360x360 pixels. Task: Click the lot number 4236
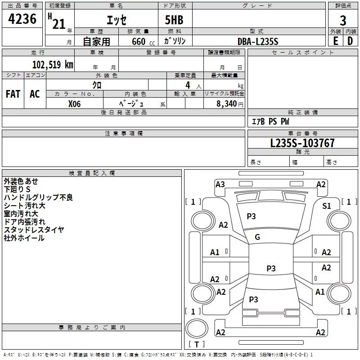pos(22,19)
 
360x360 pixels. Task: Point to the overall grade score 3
pos(343,21)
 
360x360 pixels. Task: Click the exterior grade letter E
pos(335,41)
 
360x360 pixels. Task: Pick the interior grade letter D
pos(350,41)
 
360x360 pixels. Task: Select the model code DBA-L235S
pos(258,41)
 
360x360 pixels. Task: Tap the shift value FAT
pos(13,94)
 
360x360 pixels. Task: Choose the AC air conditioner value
pos(35,94)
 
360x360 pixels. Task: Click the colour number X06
pos(74,103)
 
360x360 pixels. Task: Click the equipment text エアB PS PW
pos(270,121)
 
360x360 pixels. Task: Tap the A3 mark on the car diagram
pos(220,184)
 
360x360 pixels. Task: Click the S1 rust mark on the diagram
pos(327,206)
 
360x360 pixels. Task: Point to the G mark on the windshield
pos(257,237)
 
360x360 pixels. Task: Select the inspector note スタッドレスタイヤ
pos(34,230)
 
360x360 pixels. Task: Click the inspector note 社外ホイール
pos(24,238)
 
